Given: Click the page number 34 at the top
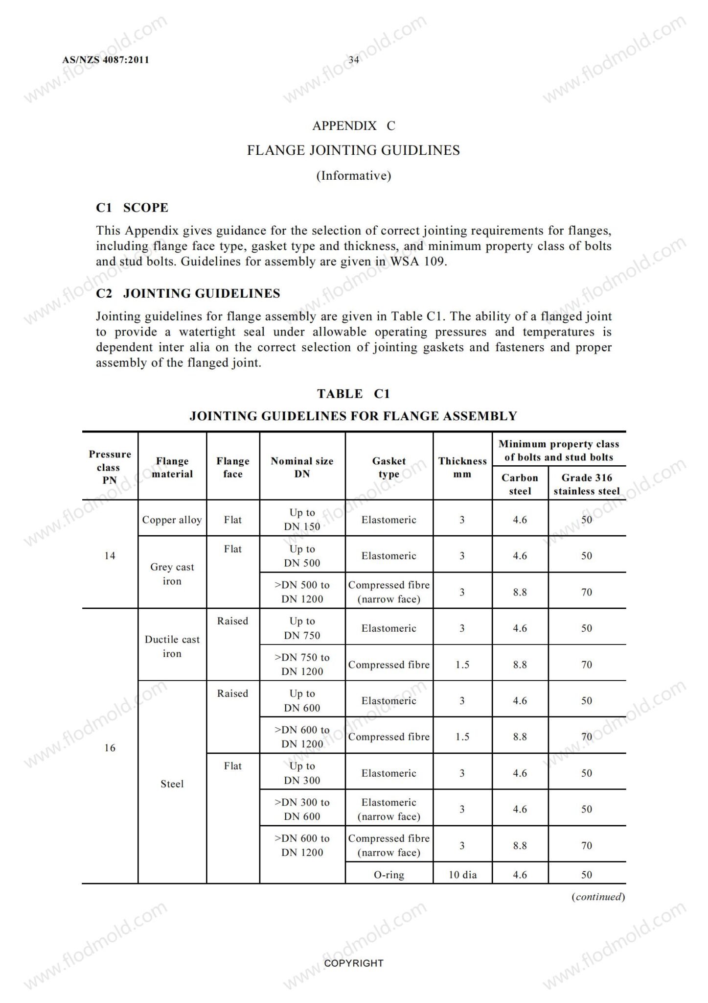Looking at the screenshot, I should pyautogui.click(x=354, y=60).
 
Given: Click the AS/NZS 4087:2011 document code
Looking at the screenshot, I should pyautogui.click(x=106, y=60).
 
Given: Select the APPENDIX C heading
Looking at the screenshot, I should pyautogui.click(x=354, y=126).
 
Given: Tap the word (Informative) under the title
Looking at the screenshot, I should pyautogui.click(x=354, y=176).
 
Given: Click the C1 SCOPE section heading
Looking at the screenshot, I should pyautogui.click(x=132, y=208).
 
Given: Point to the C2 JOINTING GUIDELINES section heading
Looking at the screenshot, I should pyautogui.click(x=188, y=293).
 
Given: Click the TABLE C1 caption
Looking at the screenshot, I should pyautogui.click(x=353, y=394).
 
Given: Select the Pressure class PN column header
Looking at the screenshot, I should pyautogui.click(x=110, y=467).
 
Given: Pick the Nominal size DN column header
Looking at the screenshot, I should pyautogui.click(x=302, y=467).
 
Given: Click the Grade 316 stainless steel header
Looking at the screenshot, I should pyautogui.click(x=587, y=484).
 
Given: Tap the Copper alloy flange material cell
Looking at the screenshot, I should pyautogui.click(x=172, y=520).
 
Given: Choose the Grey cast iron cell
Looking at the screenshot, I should pyautogui.click(x=172, y=574).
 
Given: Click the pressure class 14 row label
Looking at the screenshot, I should pyautogui.click(x=110, y=555).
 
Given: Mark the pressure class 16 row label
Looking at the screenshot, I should pyautogui.click(x=110, y=748).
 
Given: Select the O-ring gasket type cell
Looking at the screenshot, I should pyautogui.click(x=389, y=875).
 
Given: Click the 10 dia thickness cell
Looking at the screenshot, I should pyautogui.click(x=462, y=875).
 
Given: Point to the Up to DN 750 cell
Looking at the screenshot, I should pyautogui.click(x=302, y=628).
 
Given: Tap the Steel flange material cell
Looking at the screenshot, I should pyautogui.click(x=172, y=784).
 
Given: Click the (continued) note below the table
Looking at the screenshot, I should pyautogui.click(x=598, y=897).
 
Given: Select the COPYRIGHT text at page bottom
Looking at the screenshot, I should pyautogui.click(x=354, y=963).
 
